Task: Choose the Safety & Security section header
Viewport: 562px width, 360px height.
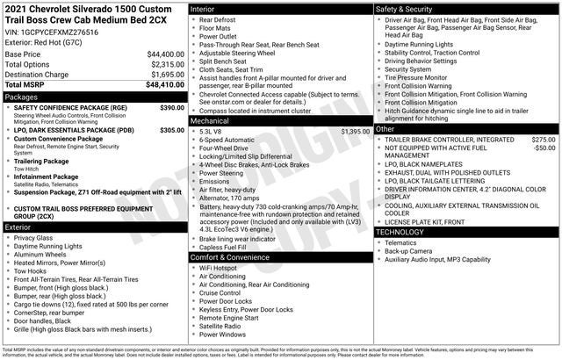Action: [x=407, y=9]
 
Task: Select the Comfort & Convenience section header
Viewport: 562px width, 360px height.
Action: [x=236, y=257]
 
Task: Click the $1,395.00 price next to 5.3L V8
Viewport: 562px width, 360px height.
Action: [x=355, y=131]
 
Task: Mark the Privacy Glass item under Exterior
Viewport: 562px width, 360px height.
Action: [x=33, y=238]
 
